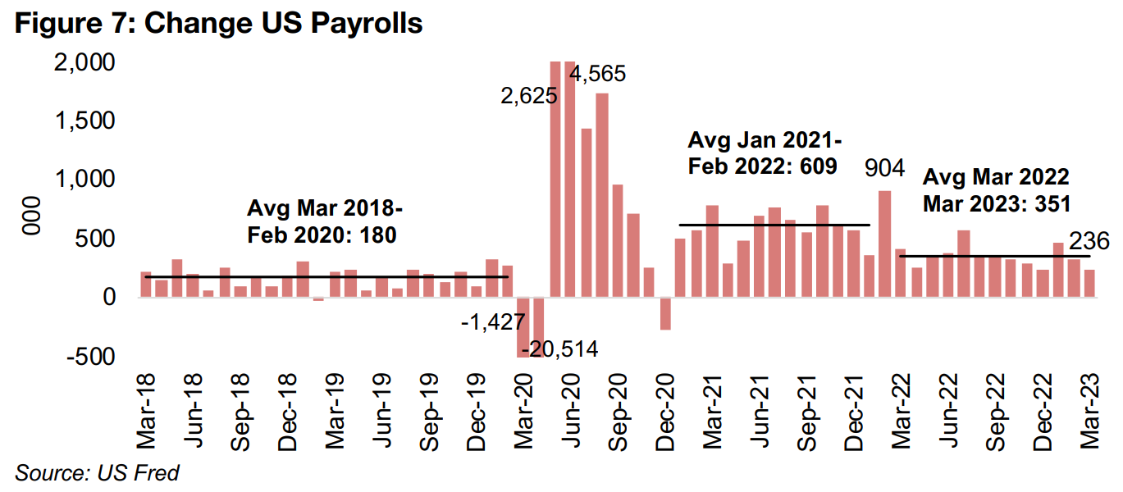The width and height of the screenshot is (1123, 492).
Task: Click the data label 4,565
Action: (598, 74)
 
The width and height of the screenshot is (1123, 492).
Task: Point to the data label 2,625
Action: (529, 96)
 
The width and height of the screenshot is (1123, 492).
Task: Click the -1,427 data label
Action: (493, 322)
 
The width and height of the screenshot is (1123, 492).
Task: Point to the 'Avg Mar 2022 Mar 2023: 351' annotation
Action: (996, 189)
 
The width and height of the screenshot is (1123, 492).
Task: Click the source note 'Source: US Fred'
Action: (97, 472)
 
